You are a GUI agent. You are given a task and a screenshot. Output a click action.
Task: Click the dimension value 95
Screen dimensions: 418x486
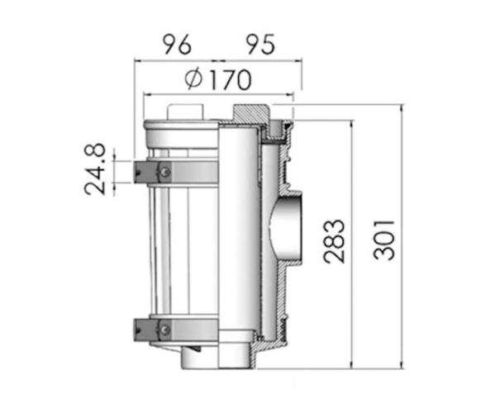pos(260,44)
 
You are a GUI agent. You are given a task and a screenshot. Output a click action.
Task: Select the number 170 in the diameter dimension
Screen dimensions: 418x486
pos(227,80)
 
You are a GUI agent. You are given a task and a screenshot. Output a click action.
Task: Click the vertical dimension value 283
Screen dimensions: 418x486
pos(333,240)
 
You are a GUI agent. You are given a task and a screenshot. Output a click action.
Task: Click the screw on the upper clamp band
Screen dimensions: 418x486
pos(165,171)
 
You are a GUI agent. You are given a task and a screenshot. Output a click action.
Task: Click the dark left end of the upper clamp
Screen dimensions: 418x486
pos(139,171)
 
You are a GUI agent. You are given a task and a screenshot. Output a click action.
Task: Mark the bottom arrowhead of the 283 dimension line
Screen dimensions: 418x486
pos(353,365)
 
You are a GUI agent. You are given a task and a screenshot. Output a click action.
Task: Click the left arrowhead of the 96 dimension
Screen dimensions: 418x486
pos(137,60)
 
